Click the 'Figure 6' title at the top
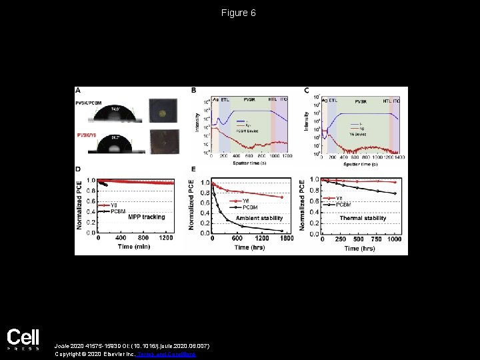tap(239, 13)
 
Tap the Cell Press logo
tap(23, 339)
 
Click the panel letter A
tap(79, 90)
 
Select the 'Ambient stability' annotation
tap(259, 217)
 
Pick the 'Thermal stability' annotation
tap(363, 217)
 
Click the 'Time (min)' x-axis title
tap(134, 246)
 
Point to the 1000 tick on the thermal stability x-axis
tap(395, 239)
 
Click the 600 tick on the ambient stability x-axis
tap(236, 239)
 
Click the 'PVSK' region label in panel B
tap(249, 99)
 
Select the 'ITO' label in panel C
tap(396, 100)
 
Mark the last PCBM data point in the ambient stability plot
tap(282, 231)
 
